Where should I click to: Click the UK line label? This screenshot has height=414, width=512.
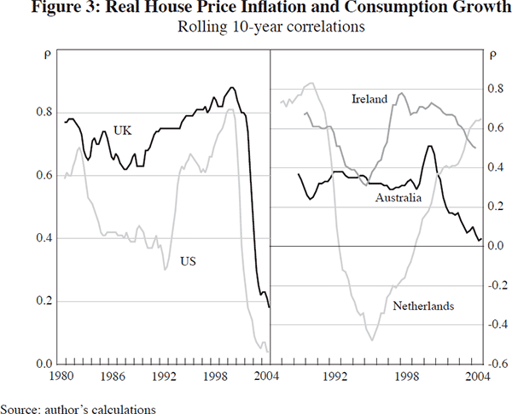coord(124,130)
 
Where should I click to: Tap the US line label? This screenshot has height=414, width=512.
coord(189,262)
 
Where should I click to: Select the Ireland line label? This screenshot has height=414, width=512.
coord(369,100)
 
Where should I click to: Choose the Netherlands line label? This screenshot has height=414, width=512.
coord(422,305)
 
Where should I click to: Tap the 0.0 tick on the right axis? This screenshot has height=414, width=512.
coord(497,246)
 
